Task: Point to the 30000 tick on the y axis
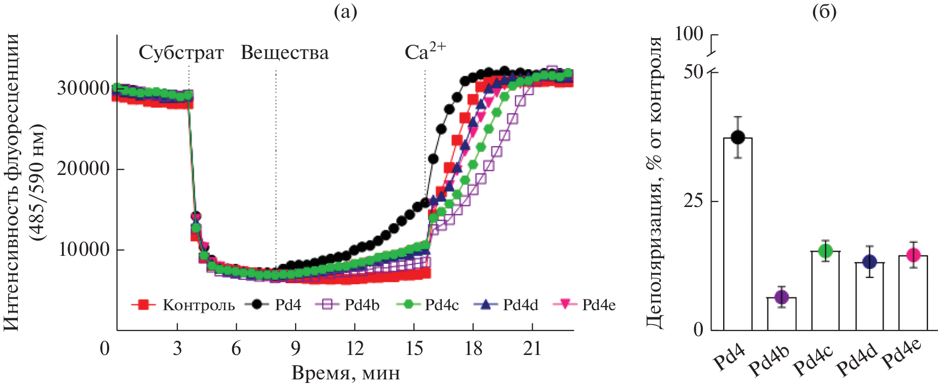83,88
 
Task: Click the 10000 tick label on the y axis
83,250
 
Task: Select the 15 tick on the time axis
414,348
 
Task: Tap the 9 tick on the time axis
295,348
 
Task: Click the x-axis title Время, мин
345,373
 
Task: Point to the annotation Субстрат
181,53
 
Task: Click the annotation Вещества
284,53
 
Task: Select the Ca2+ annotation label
425,51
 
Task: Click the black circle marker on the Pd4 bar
738,137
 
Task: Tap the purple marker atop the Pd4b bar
782,297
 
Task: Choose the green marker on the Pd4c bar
825,251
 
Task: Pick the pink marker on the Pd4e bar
913,255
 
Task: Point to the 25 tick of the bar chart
693,201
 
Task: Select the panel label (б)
824,12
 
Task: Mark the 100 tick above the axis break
689,34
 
